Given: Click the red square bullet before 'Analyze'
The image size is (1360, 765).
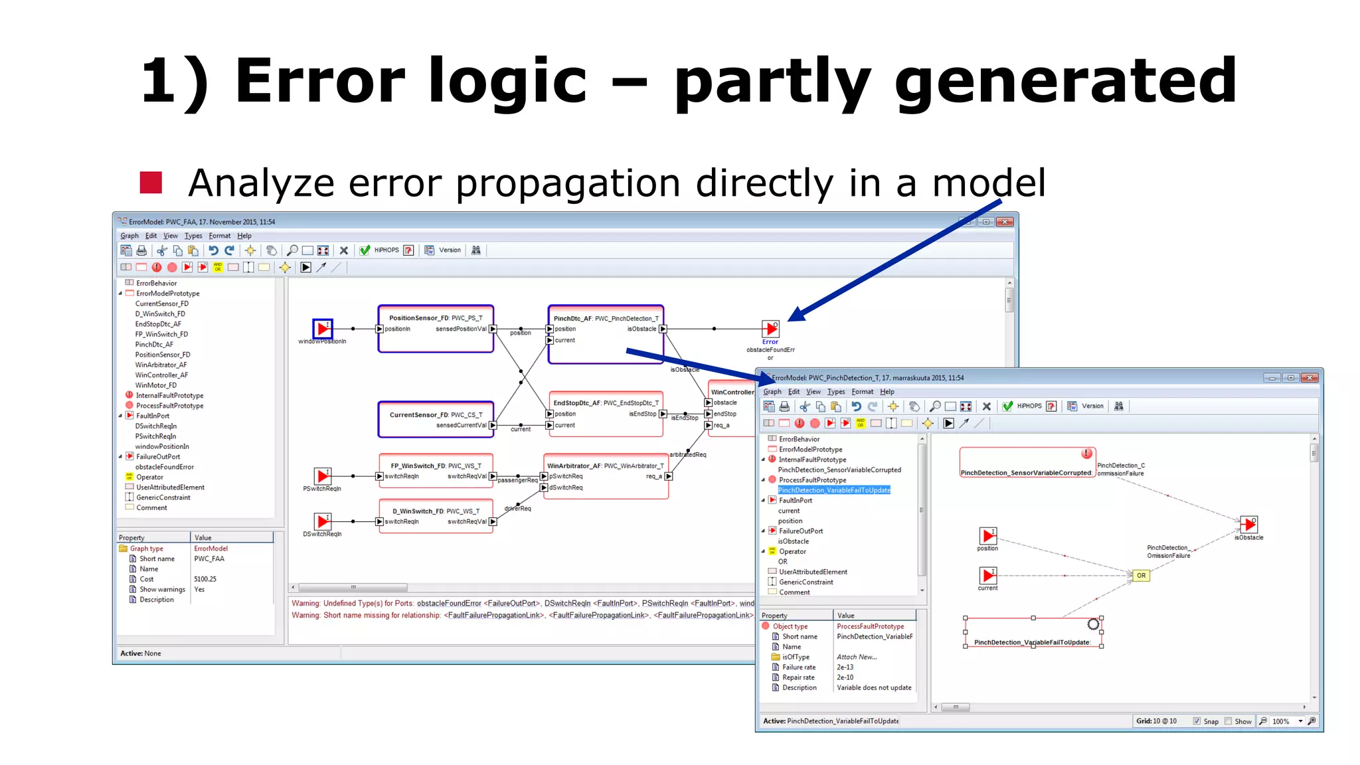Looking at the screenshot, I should (x=151, y=183).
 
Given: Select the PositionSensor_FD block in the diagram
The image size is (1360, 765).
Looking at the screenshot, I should (x=436, y=328).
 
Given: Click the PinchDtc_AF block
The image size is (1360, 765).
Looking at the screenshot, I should (x=606, y=334).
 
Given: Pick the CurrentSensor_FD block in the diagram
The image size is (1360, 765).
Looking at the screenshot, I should (x=436, y=419).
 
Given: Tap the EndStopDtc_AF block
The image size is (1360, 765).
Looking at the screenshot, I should (x=606, y=414).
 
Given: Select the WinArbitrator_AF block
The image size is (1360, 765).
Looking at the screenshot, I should (x=606, y=476).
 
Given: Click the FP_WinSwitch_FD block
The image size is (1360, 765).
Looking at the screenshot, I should (x=436, y=471).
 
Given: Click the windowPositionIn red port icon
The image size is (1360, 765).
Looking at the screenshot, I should (x=323, y=328).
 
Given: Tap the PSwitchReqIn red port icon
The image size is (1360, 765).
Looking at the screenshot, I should (x=323, y=475).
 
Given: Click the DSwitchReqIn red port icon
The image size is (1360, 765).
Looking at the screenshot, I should (x=323, y=521).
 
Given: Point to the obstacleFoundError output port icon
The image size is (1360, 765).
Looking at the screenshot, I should (x=770, y=328).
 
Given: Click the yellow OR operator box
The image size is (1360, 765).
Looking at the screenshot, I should (x=1141, y=576).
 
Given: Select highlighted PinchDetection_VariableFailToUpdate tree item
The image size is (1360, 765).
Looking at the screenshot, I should (x=834, y=490).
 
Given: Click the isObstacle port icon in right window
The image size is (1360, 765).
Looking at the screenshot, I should (x=1249, y=525).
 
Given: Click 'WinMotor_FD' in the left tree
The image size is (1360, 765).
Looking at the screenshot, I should (x=156, y=385).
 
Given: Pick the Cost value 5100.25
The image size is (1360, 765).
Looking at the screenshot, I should (x=205, y=579).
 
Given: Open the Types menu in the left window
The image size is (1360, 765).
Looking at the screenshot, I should (x=193, y=236).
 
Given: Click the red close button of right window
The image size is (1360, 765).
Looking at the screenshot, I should (x=1309, y=378).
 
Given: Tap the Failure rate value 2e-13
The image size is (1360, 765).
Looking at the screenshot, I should (x=845, y=667).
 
